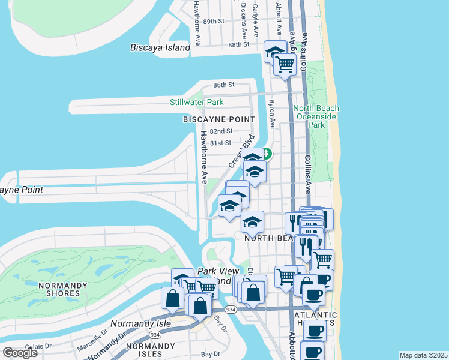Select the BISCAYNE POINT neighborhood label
(x=215, y=119)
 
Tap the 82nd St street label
(x=221, y=131)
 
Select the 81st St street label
(x=221, y=143)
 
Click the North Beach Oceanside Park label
(x=316, y=116)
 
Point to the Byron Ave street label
(x=271, y=114)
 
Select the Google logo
(x=20, y=352)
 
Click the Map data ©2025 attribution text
(x=423, y=355)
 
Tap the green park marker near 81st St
(x=266, y=154)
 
